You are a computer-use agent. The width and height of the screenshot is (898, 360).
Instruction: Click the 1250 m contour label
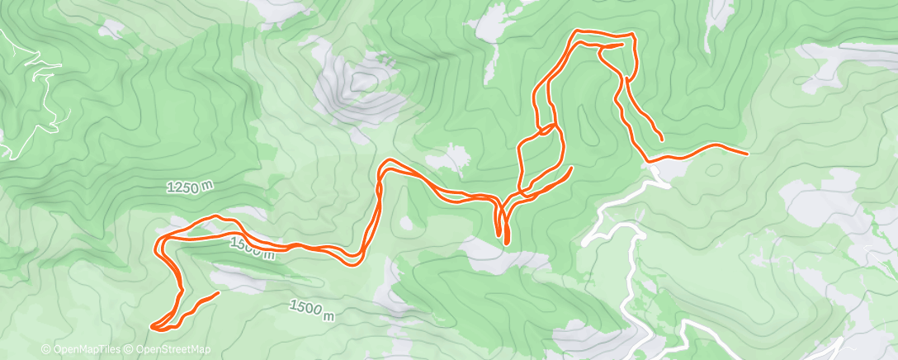tap(190, 187)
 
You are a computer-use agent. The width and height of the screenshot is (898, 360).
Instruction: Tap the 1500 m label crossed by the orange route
tap(252, 247)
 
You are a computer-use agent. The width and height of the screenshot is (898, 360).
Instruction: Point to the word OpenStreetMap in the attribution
tap(173, 349)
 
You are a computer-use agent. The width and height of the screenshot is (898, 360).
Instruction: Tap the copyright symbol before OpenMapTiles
tap(45, 349)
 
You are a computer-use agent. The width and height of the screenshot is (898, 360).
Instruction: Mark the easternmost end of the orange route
tap(747, 154)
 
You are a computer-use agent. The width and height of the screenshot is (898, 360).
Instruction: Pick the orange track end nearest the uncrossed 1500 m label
tap(219, 293)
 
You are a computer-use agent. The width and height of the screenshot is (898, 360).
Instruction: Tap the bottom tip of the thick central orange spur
tap(505, 243)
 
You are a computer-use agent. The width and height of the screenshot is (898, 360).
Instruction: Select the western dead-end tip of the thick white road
tap(584, 244)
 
